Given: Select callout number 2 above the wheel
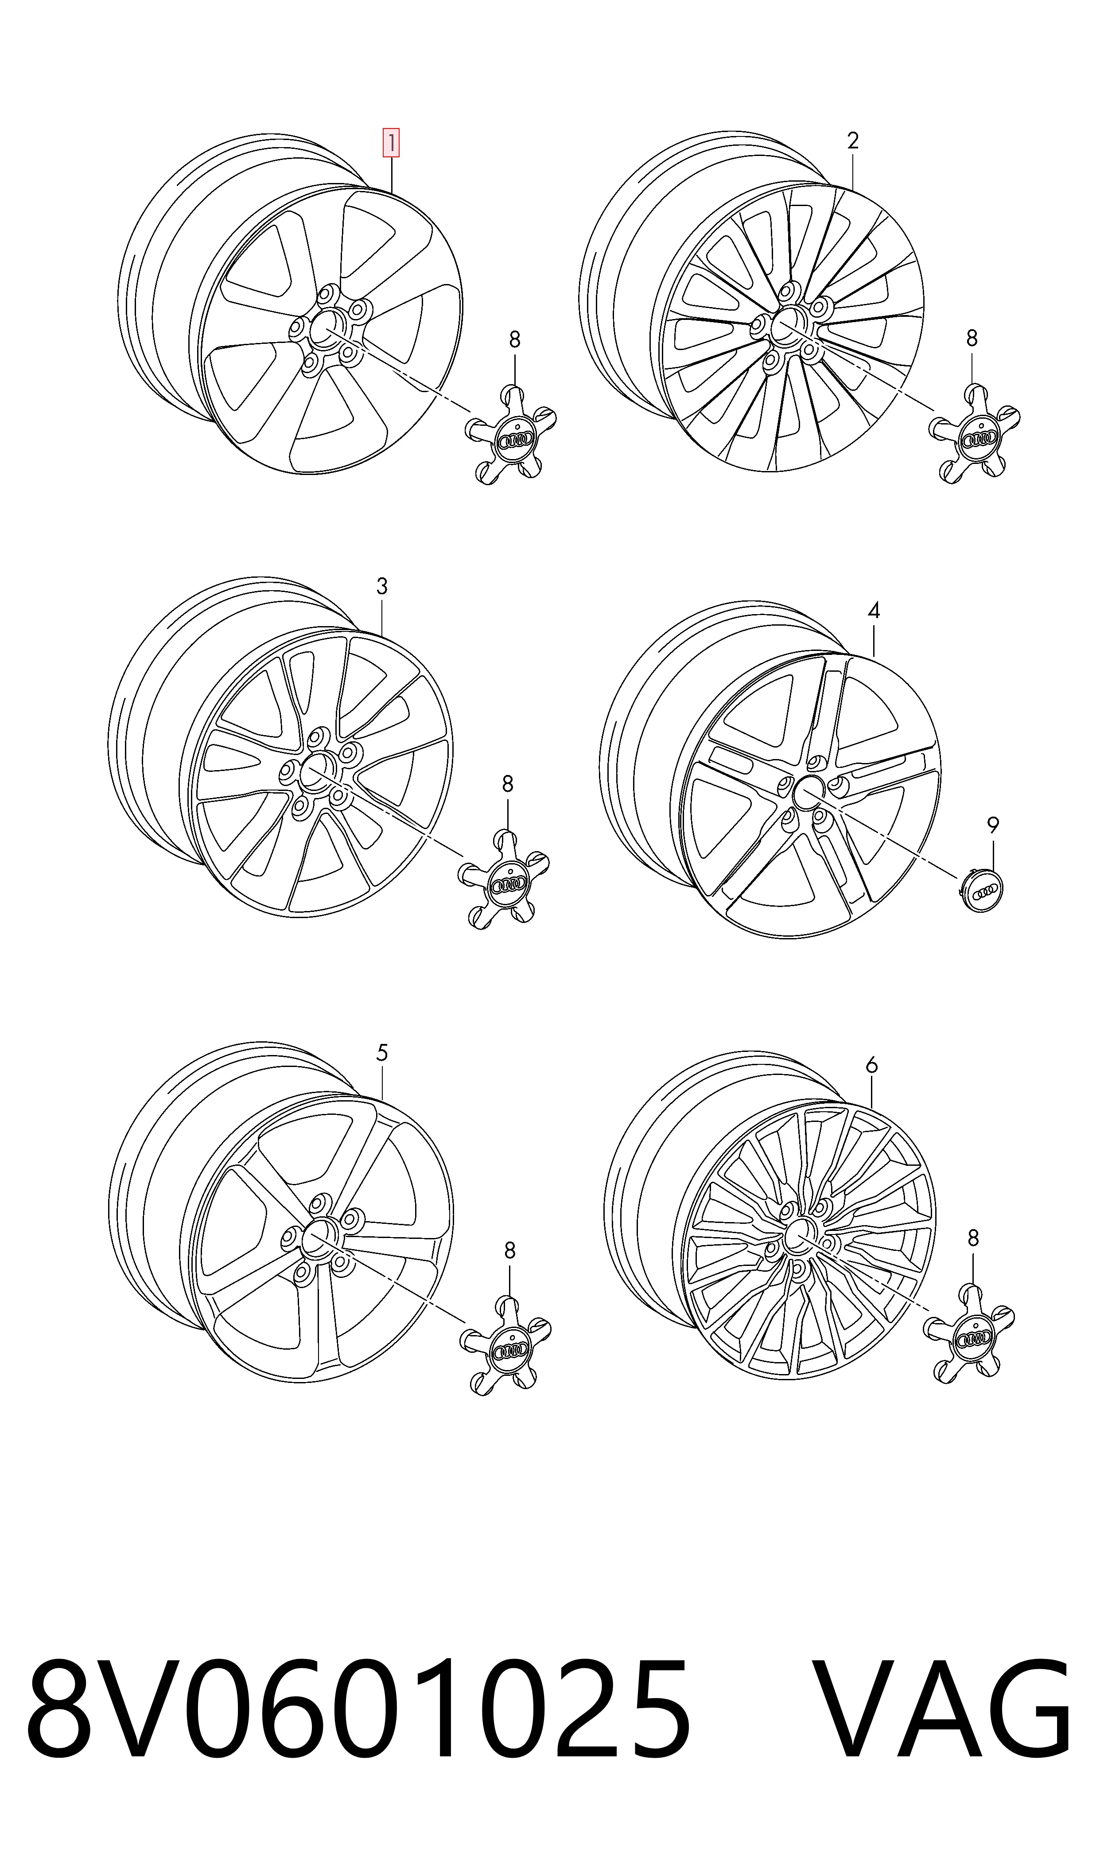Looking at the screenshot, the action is click(x=852, y=141).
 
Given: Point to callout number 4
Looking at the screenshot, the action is click(x=874, y=611).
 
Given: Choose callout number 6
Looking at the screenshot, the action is click(x=872, y=1065).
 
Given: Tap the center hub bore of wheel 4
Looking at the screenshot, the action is click(x=806, y=793).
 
